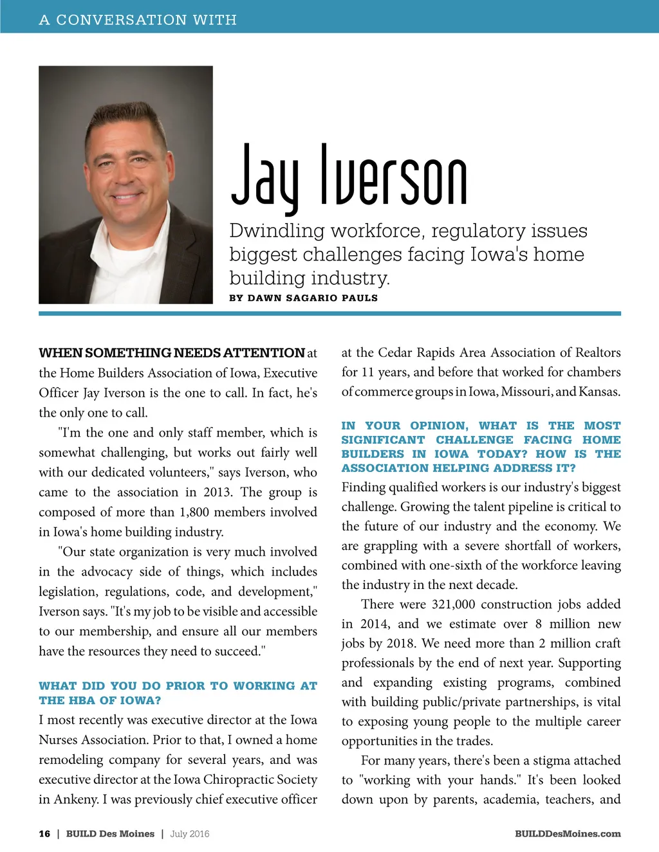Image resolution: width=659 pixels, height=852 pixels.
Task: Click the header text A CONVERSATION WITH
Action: (138, 20)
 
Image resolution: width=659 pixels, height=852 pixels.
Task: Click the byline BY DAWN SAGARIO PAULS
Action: (303, 298)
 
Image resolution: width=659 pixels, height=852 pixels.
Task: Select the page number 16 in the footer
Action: (44, 833)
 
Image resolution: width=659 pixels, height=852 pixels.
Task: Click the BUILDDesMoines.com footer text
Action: (568, 833)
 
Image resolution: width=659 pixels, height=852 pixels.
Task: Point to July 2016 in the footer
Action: (190, 833)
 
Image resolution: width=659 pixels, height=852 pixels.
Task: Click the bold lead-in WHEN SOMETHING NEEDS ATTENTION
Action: (171, 353)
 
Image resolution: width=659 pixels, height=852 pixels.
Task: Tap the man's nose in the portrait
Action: (127, 175)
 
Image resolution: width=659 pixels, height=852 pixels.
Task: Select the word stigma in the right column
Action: (541, 760)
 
